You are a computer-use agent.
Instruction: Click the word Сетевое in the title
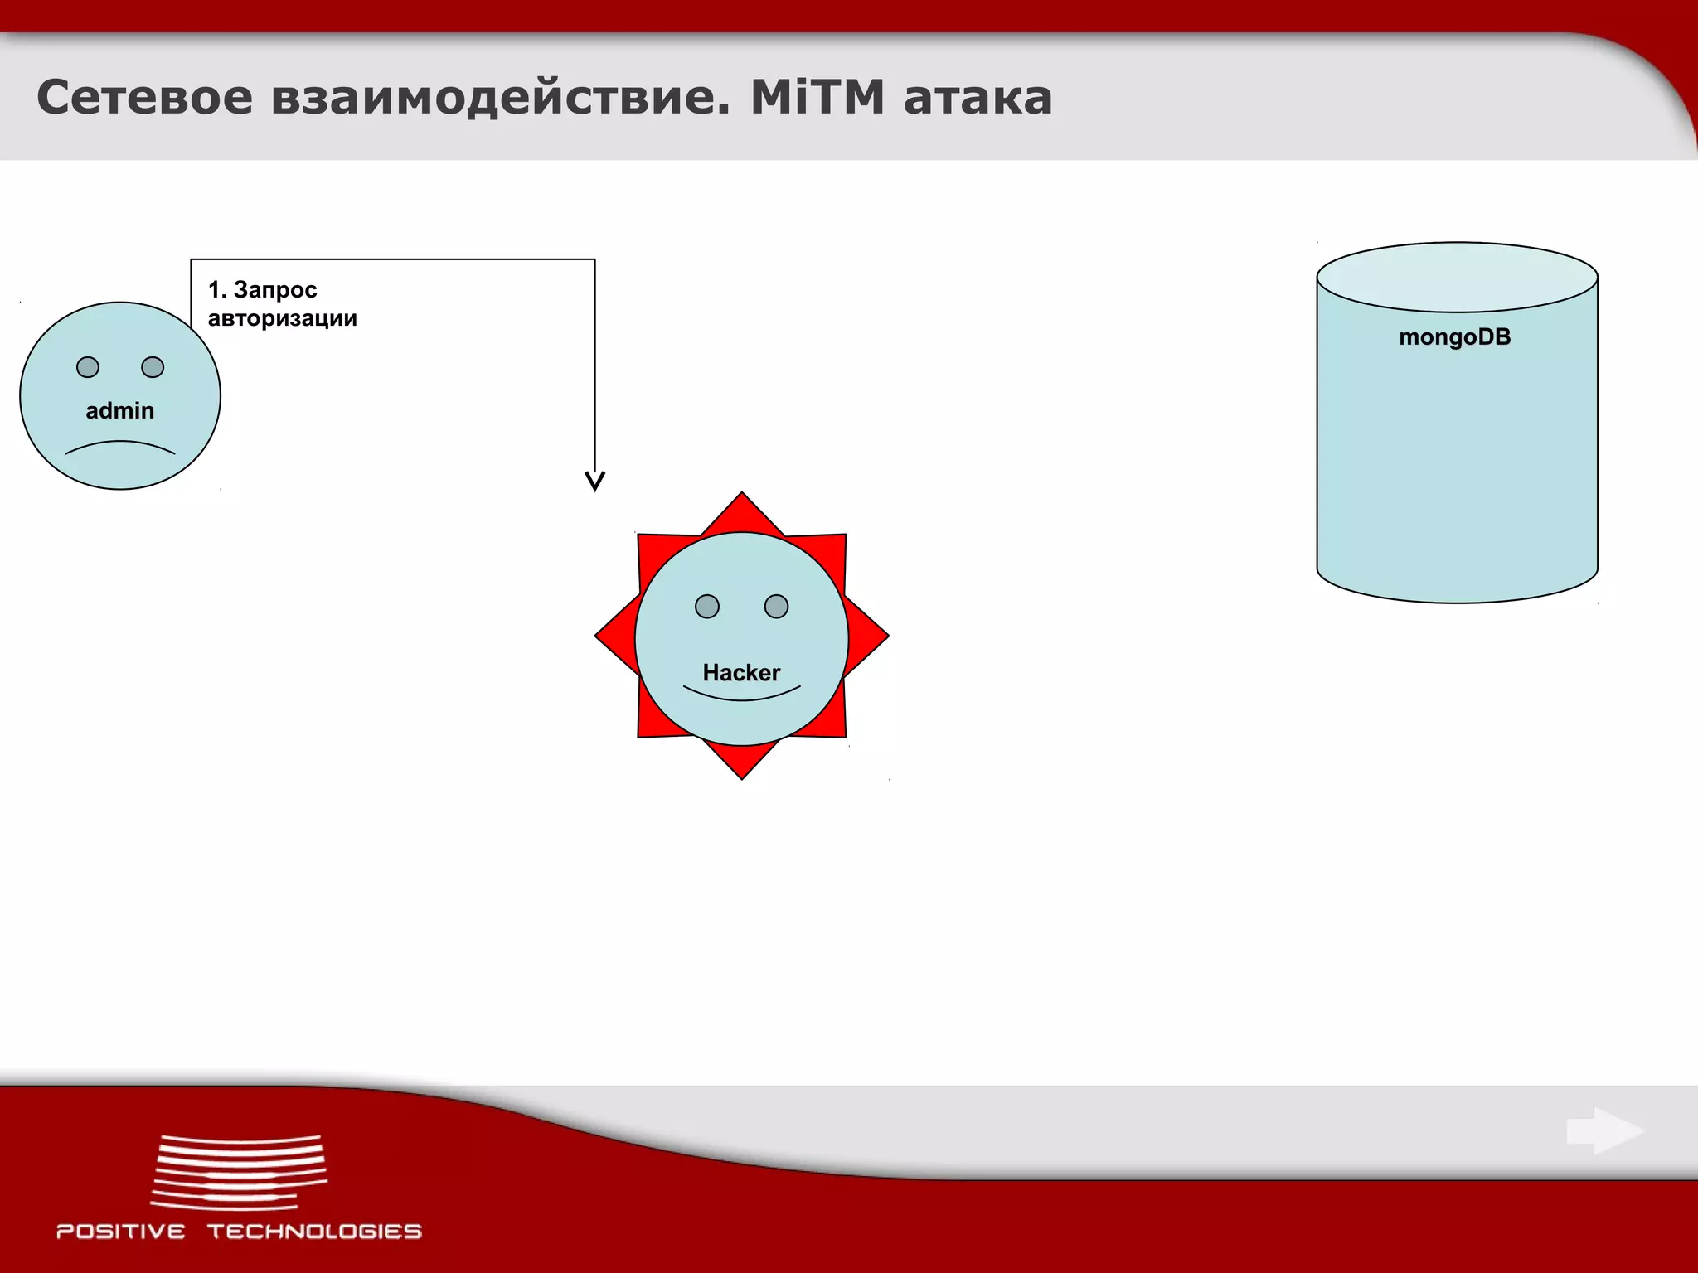[144, 97]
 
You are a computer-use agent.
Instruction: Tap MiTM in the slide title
[817, 97]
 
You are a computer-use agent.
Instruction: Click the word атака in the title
[978, 99]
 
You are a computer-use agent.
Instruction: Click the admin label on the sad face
[120, 410]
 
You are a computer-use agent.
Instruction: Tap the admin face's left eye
[88, 367]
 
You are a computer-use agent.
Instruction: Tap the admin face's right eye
[153, 367]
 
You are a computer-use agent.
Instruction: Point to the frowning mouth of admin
[120, 447]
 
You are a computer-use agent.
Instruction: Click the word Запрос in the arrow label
[275, 290]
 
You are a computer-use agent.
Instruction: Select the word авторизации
[282, 318]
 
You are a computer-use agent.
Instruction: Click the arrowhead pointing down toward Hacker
[594, 481]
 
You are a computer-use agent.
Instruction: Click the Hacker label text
[741, 672]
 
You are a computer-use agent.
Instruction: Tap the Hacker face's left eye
[707, 607]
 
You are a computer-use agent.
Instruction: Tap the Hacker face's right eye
[776, 607]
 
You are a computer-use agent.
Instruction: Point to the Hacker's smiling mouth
[741, 695]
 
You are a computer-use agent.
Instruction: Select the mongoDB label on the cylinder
[1455, 337]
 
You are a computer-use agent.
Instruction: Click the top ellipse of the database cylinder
[1457, 277]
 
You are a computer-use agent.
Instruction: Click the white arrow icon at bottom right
[1605, 1130]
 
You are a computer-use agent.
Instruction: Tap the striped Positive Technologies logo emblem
[240, 1172]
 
